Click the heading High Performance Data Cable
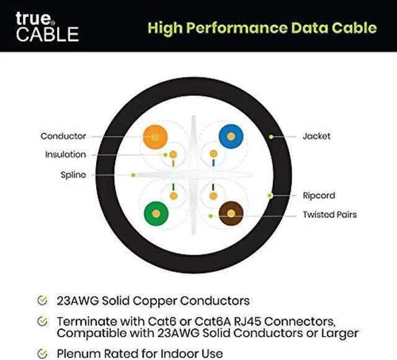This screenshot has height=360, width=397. click(262, 27)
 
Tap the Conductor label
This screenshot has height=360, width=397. click(63, 136)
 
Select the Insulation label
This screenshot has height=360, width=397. click(65, 155)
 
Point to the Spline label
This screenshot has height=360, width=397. click(73, 175)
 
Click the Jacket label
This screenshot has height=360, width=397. click(316, 135)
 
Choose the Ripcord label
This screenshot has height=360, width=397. click(318, 196)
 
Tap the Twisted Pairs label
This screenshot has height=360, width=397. click(329, 215)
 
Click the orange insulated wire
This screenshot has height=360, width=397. click(154, 136)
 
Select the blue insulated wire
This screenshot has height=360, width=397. click(230, 136)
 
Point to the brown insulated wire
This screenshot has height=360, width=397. click(230, 214)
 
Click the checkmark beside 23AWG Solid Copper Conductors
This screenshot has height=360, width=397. click(42, 301)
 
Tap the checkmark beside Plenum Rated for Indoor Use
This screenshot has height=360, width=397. click(42, 354)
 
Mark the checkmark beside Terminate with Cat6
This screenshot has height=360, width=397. click(42, 322)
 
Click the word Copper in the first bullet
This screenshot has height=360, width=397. click(157, 301)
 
